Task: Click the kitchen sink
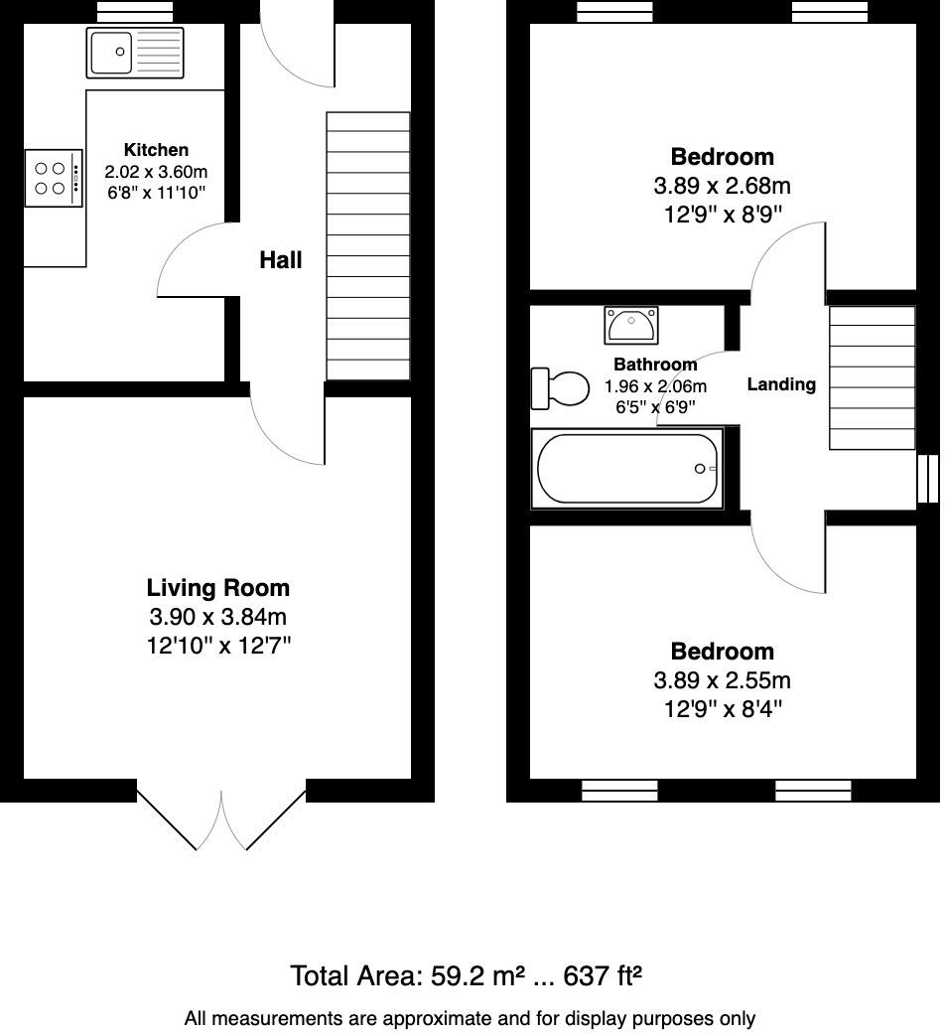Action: coord(135,53)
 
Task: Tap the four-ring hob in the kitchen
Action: coord(54,178)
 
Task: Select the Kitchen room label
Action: coord(156,150)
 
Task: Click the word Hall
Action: coord(280,260)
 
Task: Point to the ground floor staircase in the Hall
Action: coord(368,245)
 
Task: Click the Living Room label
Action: coord(218,588)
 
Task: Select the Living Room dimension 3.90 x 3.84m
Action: coord(218,617)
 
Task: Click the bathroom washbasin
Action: coord(629,325)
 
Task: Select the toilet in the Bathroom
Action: coord(560,387)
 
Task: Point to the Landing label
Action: coord(781,384)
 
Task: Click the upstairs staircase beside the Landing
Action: coord(872,377)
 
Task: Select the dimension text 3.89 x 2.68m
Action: coord(722,186)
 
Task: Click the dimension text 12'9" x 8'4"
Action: coord(722,709)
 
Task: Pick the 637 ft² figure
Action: coord(603,975)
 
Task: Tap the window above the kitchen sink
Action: coord(135,11)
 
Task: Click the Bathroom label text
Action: coord(655,365)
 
